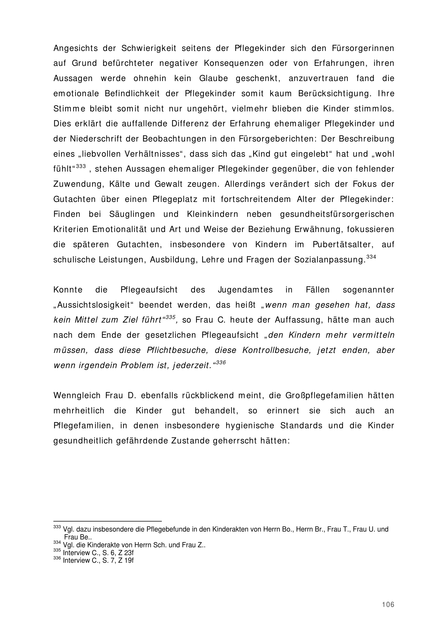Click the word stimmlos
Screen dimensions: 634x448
point(374,108)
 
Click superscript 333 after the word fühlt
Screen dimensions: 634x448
point(81,166)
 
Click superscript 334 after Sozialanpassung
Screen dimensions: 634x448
point(371,257)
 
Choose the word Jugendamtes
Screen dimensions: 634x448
point(245,290)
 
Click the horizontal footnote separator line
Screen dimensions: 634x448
point(107,522)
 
